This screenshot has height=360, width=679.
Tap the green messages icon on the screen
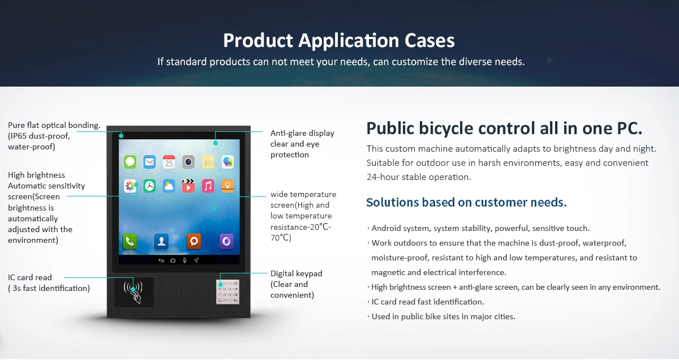click(x=130, y=162)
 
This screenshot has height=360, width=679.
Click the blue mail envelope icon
click(x=149, y=162)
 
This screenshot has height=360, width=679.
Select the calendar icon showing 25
click(x=169, y=162)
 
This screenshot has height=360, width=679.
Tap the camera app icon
click(x=188, y=162)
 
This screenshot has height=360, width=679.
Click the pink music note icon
click(x=208, y=186)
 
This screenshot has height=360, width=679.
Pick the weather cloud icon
click(x=169, y=186)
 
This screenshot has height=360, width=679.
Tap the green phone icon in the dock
click(x=130, y=242)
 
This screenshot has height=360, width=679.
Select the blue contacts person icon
click(x=162, y=242)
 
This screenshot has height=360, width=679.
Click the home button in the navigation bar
click(x=173, y=260)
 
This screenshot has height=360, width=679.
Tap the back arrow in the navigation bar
click(x=161, y=260)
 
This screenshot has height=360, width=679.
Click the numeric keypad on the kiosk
click(x=227, y=292)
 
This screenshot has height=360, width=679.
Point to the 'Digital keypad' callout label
click(x=296, y=273)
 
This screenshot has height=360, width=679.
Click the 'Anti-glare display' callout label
click(x=302, y=133)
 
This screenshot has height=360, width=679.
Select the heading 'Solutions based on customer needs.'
click(x=466, y=203)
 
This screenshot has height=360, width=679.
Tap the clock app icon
click(x=149, y=186)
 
